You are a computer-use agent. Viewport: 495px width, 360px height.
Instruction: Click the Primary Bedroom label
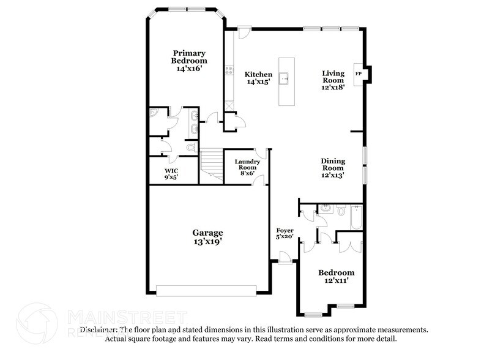tap(188, 61)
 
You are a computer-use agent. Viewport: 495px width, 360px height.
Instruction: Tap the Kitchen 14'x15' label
tap(259, 78)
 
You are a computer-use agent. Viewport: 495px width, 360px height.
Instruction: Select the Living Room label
tap(333, 80)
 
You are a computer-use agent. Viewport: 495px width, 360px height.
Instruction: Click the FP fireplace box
tap(359, 74)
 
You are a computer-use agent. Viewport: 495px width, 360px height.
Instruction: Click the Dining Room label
tap(333, 168)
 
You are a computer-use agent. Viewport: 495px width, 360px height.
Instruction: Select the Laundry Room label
tap(247, 167)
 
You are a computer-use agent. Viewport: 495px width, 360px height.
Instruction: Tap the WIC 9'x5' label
tap(171, 174)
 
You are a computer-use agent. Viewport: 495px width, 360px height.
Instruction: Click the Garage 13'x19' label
tap(207, 237)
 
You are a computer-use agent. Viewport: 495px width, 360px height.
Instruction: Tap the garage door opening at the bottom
tap(208, 290)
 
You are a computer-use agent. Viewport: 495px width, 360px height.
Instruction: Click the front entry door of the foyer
tap(283, 258)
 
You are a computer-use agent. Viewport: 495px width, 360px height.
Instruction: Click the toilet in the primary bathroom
tap(190, 147)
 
